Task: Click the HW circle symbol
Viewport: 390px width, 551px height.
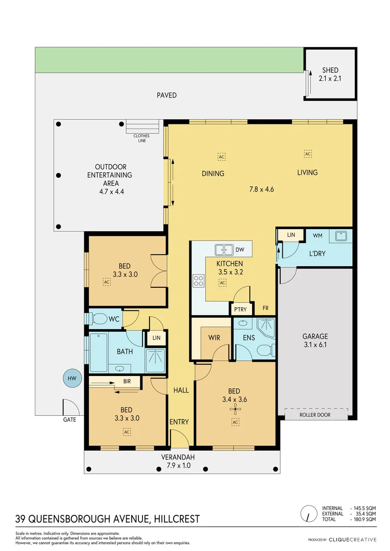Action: click(x=71, y=378)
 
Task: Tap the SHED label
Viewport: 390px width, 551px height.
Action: click(x=330, y=70)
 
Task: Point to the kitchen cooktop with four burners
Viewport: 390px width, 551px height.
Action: click(x=198, y=281)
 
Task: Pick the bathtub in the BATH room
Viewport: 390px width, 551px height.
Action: click(x=98, y=352)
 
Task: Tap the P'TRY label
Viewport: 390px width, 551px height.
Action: click(x=239, y=310)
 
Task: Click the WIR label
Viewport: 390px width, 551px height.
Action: click(x=214, y=337)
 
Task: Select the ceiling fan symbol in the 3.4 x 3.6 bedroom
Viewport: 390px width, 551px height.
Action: click(x=235, y=409)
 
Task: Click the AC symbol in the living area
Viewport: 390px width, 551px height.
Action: click(x=308, y=154)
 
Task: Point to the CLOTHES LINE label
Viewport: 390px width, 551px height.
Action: click(x=142, y=138)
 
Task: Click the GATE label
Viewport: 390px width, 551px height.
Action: click(x=69, y=419)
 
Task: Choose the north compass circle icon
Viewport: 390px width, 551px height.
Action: click(x=308, y=513)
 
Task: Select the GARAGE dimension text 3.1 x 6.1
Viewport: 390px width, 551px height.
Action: click(x=314, y=344)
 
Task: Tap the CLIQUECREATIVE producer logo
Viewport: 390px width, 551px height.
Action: click(x=352, y=539)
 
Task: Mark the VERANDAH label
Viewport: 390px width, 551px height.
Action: click(x=179, y=457)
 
